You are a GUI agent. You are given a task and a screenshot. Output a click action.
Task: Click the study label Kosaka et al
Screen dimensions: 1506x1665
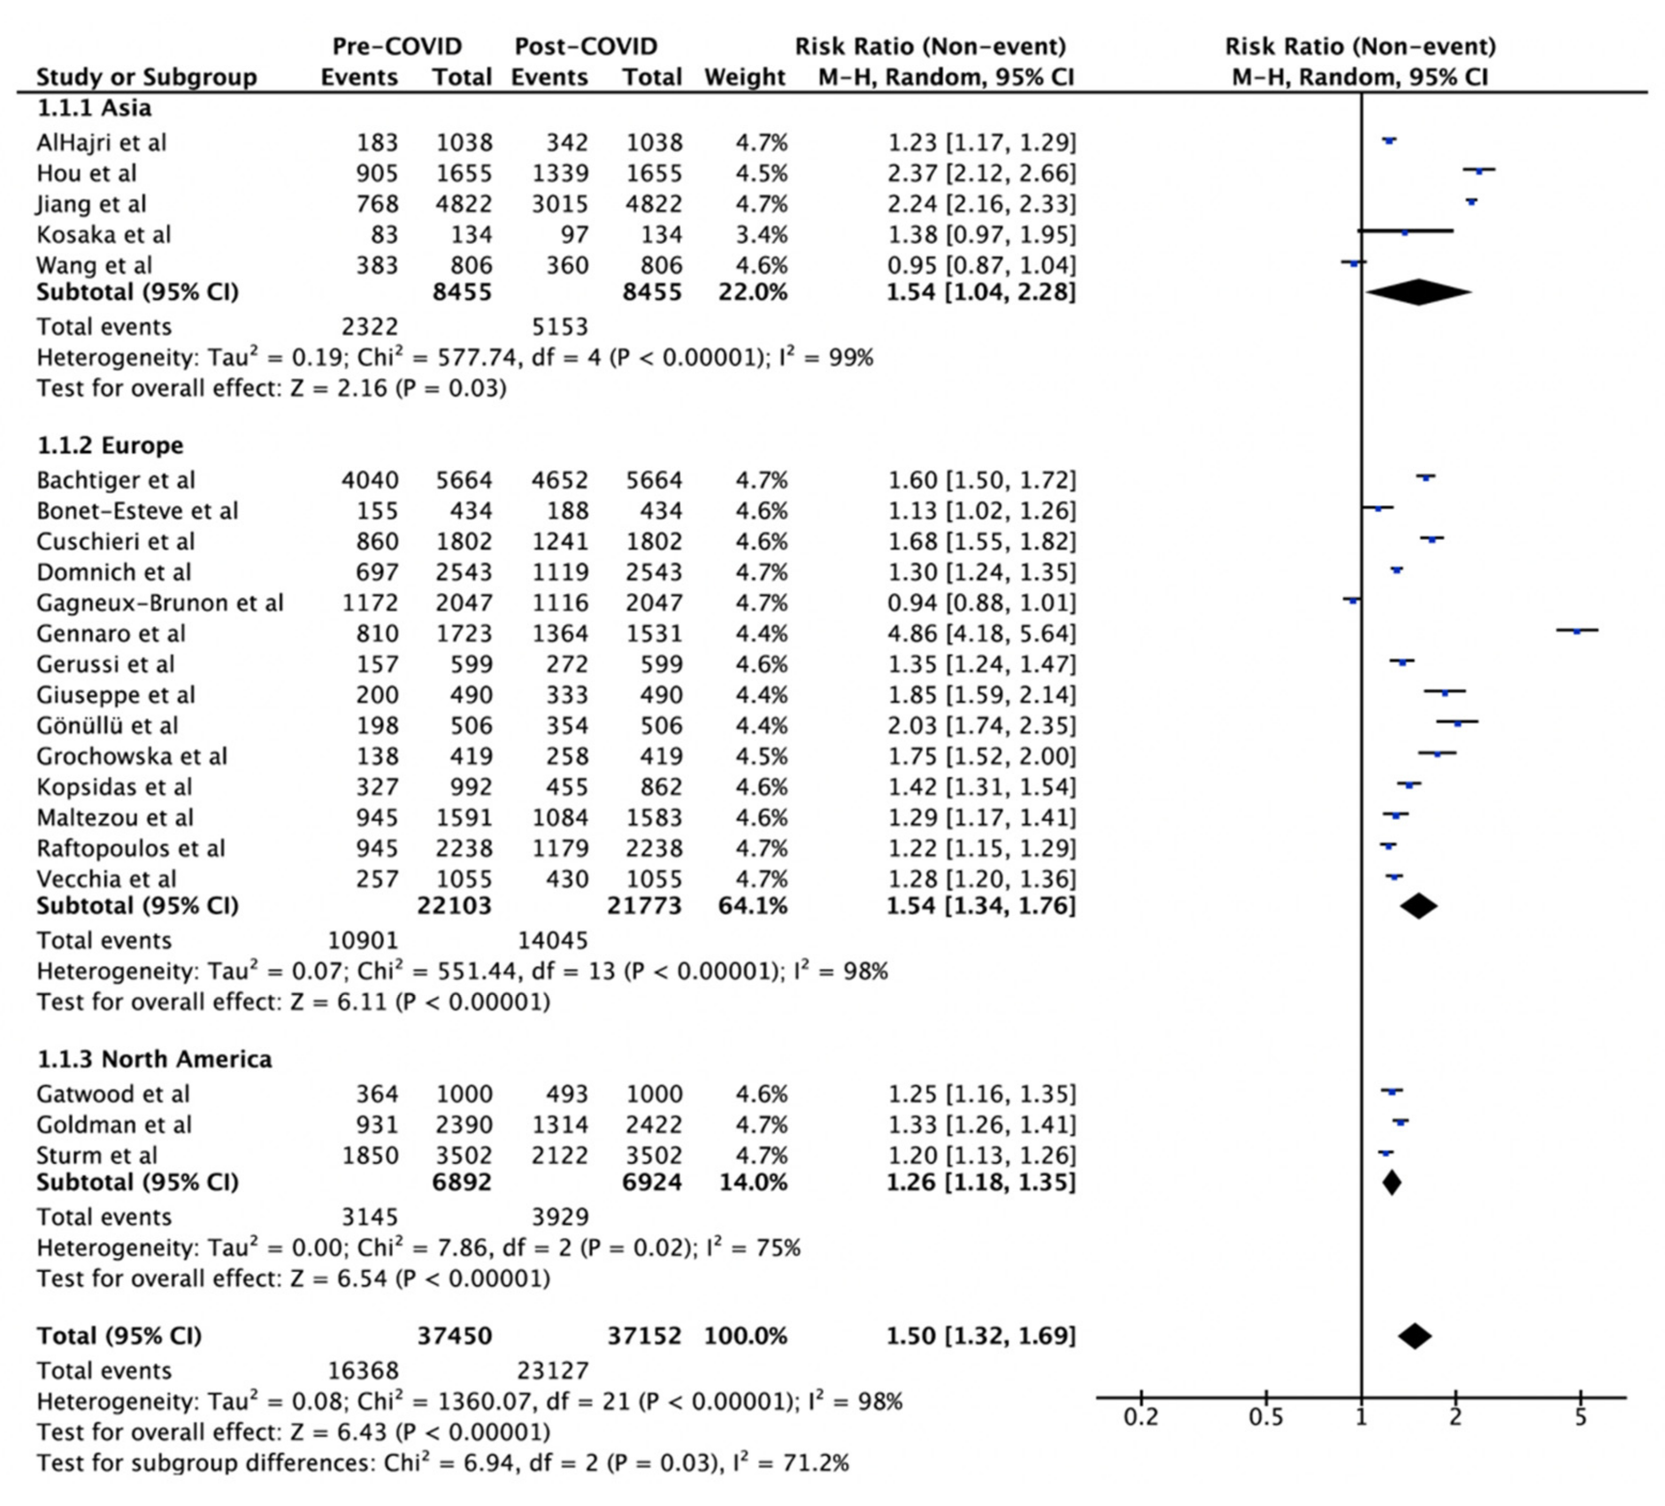(x=103, y=235)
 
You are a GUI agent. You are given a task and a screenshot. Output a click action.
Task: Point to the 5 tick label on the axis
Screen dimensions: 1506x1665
(x=1580, y=1418)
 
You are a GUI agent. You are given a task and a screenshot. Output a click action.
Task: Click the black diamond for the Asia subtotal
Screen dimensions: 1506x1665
(x=1418, y=292)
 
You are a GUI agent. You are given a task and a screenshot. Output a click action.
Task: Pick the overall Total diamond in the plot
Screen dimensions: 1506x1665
(x=1415, y=1336)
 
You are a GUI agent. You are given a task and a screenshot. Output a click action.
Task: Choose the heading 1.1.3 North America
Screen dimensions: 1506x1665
(x=155, y=1059)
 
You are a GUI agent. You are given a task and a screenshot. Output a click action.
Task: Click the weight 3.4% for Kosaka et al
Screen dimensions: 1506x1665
(x=762, y=235)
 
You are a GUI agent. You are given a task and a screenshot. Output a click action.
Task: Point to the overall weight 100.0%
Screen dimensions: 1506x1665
(x=745, y=1336)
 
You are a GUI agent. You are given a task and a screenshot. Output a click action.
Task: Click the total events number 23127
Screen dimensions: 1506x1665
(x=553, y=1371)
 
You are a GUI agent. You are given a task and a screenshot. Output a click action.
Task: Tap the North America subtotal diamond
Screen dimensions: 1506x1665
(x=1392, y=1183)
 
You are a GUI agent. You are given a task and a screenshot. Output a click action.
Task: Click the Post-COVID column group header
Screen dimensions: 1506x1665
(x=586, y=46)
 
